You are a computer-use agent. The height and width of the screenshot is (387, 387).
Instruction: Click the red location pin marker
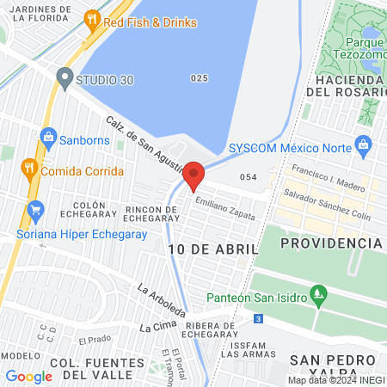[x=194, y=175]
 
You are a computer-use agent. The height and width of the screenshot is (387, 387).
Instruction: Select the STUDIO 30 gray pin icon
[x=64, y=78]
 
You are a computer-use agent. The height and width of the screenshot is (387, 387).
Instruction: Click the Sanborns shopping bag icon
[x=49, y=137]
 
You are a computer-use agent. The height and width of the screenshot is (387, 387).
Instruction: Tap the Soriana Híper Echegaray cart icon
[x=35, y=209]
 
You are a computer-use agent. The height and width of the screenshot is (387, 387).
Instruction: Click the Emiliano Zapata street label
[x=225, y=209]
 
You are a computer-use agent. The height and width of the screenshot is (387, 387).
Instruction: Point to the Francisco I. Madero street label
[x=330, y=176]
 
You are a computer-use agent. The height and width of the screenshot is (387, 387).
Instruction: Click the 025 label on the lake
[x=200, y=78]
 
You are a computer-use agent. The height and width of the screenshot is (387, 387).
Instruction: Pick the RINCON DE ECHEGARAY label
[x=138, y=215]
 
